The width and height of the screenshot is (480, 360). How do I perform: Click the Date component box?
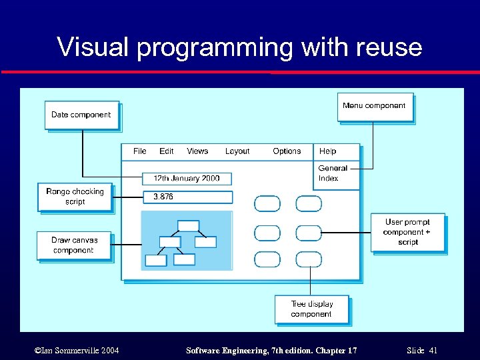tap(81, 115)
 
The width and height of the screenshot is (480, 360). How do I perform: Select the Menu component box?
tap(374, 107)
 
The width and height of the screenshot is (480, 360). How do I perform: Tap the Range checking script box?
tap(75, 197)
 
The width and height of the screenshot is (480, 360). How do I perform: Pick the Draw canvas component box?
tap(74, 245)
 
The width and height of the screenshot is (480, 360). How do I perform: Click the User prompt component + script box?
tap(407, 232)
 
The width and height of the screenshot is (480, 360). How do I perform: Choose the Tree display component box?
tap(311, 309)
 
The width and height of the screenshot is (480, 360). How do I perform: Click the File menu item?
tap(139, 151)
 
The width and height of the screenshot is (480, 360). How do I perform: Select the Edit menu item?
tap(167, 151)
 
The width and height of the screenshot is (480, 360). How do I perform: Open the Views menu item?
tap(197, 151)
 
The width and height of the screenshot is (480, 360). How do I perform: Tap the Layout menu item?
tap(237, 151)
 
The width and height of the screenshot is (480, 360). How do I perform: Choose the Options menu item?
tap(287, 151)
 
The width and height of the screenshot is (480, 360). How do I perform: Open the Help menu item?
tap(327, 151)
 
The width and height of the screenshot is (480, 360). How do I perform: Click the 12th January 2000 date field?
tap(187, 179)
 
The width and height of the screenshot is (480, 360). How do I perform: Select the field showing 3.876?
tap(188, 197)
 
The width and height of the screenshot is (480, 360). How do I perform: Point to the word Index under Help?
tap(328, 179)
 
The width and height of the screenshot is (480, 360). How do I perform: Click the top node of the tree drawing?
tap(189, 225)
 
